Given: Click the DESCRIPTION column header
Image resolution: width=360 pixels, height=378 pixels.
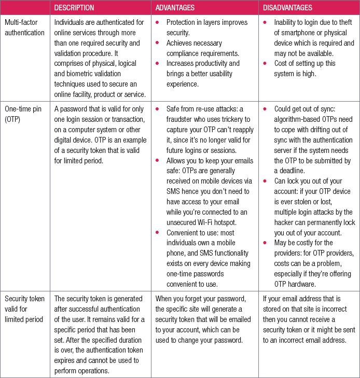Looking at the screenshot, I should (x=74, y=8).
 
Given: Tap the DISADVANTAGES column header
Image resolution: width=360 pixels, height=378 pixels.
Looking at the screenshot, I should (x=287, y=8).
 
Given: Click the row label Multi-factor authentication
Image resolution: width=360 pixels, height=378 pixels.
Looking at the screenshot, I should (x=24, y=27).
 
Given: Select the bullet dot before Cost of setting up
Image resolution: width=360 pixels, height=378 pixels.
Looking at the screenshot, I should (x=266, y=63).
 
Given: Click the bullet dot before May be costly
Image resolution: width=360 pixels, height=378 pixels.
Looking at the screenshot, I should (x=266, y=243).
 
